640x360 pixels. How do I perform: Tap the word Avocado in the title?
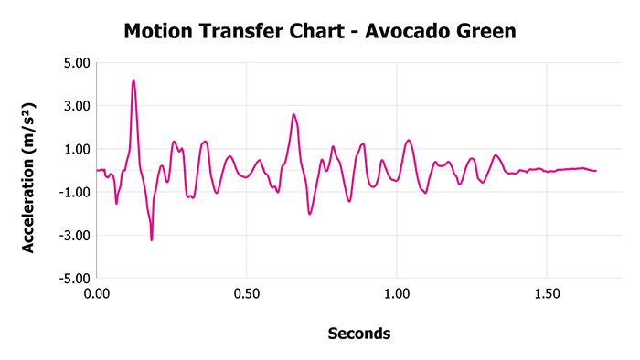[x=405, y=32]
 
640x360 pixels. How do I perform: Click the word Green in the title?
[x=485, y=32]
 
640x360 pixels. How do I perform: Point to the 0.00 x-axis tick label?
[x=97, y=295]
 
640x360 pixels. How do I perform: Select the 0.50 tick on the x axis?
[x=247, y=295]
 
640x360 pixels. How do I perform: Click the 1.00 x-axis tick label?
[x=397, y=295]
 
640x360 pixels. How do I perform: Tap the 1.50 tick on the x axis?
[x=547, y=295]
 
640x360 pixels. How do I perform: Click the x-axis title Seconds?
[x=358, y=334]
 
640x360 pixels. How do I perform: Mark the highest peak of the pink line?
[x=133, y=81]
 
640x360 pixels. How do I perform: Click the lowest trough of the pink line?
[x=152, y=239]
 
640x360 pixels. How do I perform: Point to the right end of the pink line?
[x=596, y=171]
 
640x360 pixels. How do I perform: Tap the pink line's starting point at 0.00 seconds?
[x=97, y=170]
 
